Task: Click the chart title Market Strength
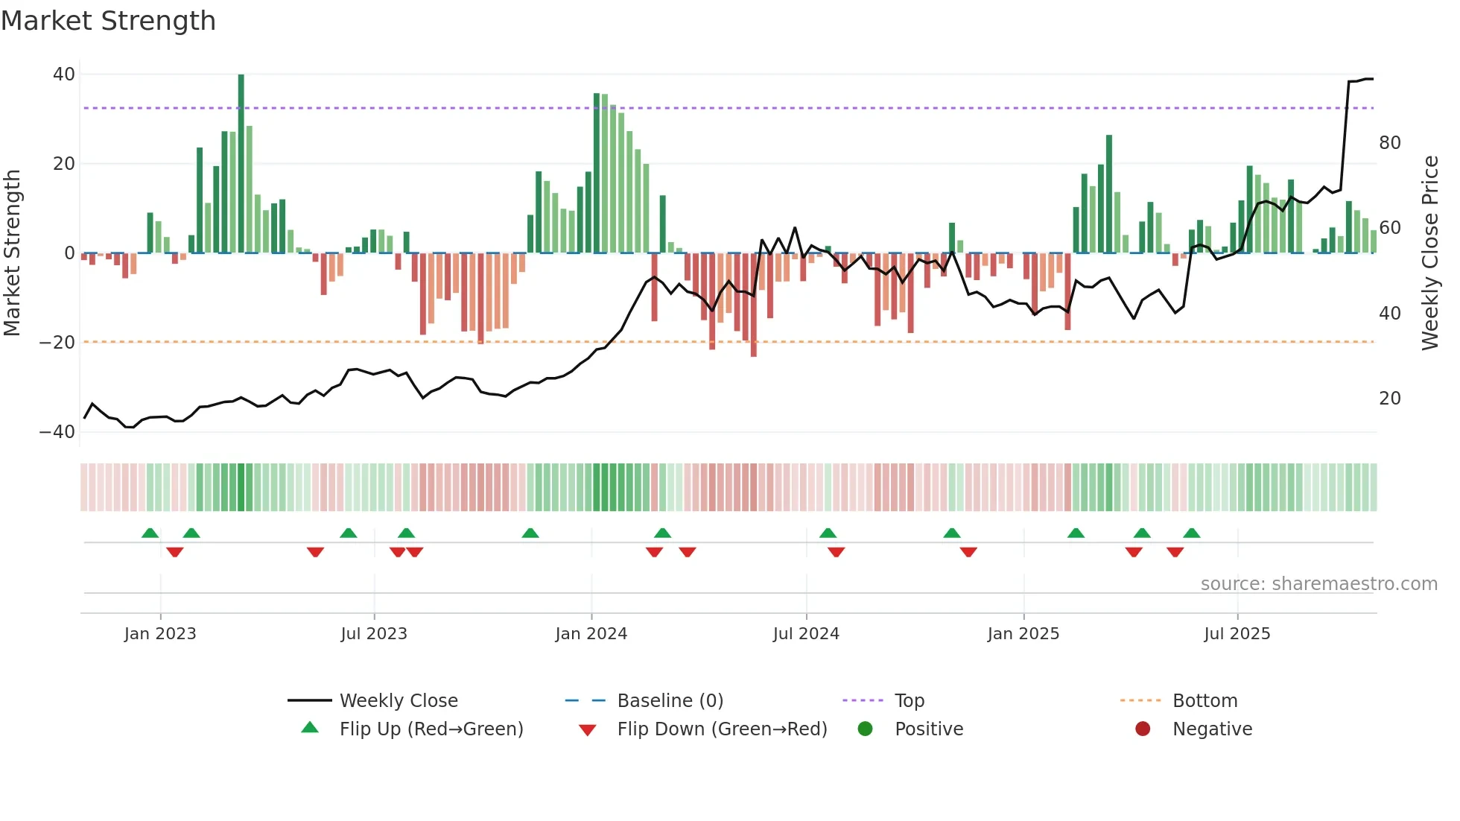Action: pyautogui.click(x=108, y=21)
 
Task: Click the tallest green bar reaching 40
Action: pyautogui.click(x=241, y=164)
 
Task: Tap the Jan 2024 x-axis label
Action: pyautogui.click(x=591, y=634)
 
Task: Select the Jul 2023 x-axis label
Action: pyautogui.click(x=374, y=634)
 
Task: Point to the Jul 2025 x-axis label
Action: pyautogui.click(x=1237, y=634)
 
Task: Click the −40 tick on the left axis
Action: pyautogui.click(x=57, y=432)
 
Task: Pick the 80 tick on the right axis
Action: pyautogui.click(x=1389, y=143)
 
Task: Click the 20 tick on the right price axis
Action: pyautogui.click(x=1389, y=399)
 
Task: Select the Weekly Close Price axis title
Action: pyautogui.click(x=1429, y=253)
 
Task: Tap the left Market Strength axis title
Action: pyautogui.click(x=12, y=253)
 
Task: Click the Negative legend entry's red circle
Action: pyautogui.click(x=1142, y=729)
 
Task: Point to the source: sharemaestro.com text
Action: pyautogui.click(x=1318, y=584)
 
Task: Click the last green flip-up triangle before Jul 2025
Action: pyautogui.click(x=1191, y=533)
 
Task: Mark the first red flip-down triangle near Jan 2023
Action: pyautogui.click(x=175, y=552)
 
